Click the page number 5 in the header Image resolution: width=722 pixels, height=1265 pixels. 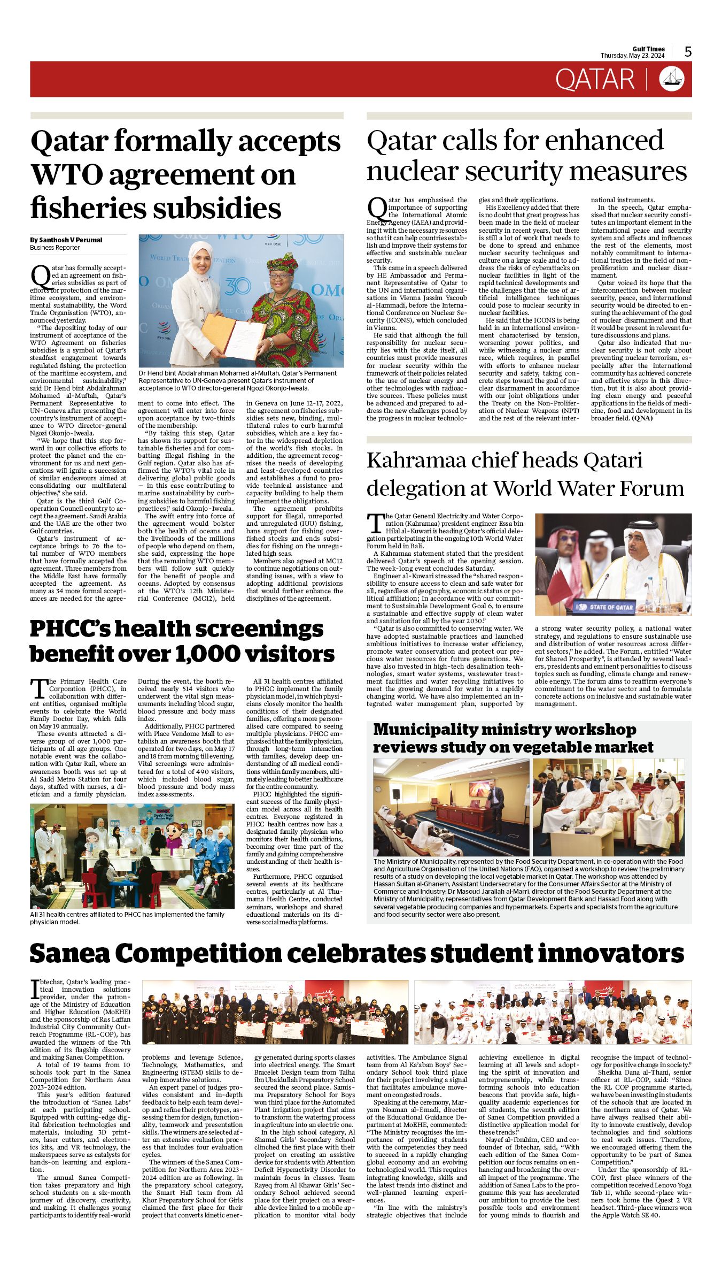pos(688,52)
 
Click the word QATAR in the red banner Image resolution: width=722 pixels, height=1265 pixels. pos(595,79)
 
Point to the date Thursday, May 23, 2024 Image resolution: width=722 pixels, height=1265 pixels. pos(632,56)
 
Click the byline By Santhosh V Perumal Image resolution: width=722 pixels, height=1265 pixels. pos(66,240)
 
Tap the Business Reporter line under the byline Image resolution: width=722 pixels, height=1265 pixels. pos(55,248)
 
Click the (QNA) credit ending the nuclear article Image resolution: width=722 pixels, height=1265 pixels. pos(642,418)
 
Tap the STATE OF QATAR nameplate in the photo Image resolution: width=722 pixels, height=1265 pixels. pos(605,607)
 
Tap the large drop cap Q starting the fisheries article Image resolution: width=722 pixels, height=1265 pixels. pos(40,276)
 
